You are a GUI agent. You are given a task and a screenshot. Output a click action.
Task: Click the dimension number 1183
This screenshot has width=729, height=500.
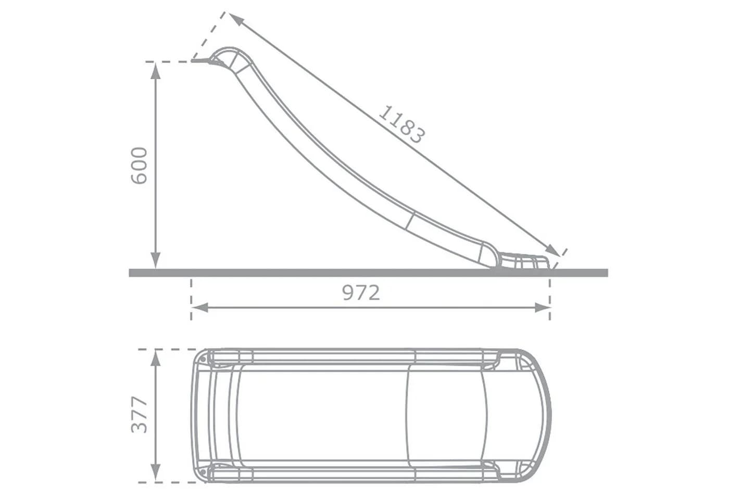point(402,124)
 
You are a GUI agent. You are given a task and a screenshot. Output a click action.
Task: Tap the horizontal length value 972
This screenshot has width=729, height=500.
point(361,293)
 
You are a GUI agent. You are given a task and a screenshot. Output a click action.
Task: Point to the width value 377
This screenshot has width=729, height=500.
point(140,415)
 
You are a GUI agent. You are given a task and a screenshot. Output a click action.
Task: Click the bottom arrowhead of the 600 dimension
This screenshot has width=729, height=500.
point(156,260)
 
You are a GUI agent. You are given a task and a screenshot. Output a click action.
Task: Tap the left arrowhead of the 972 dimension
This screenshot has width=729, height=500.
point(200,307)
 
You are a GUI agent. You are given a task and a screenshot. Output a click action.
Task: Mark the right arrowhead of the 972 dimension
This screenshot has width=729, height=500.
point(542,307)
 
